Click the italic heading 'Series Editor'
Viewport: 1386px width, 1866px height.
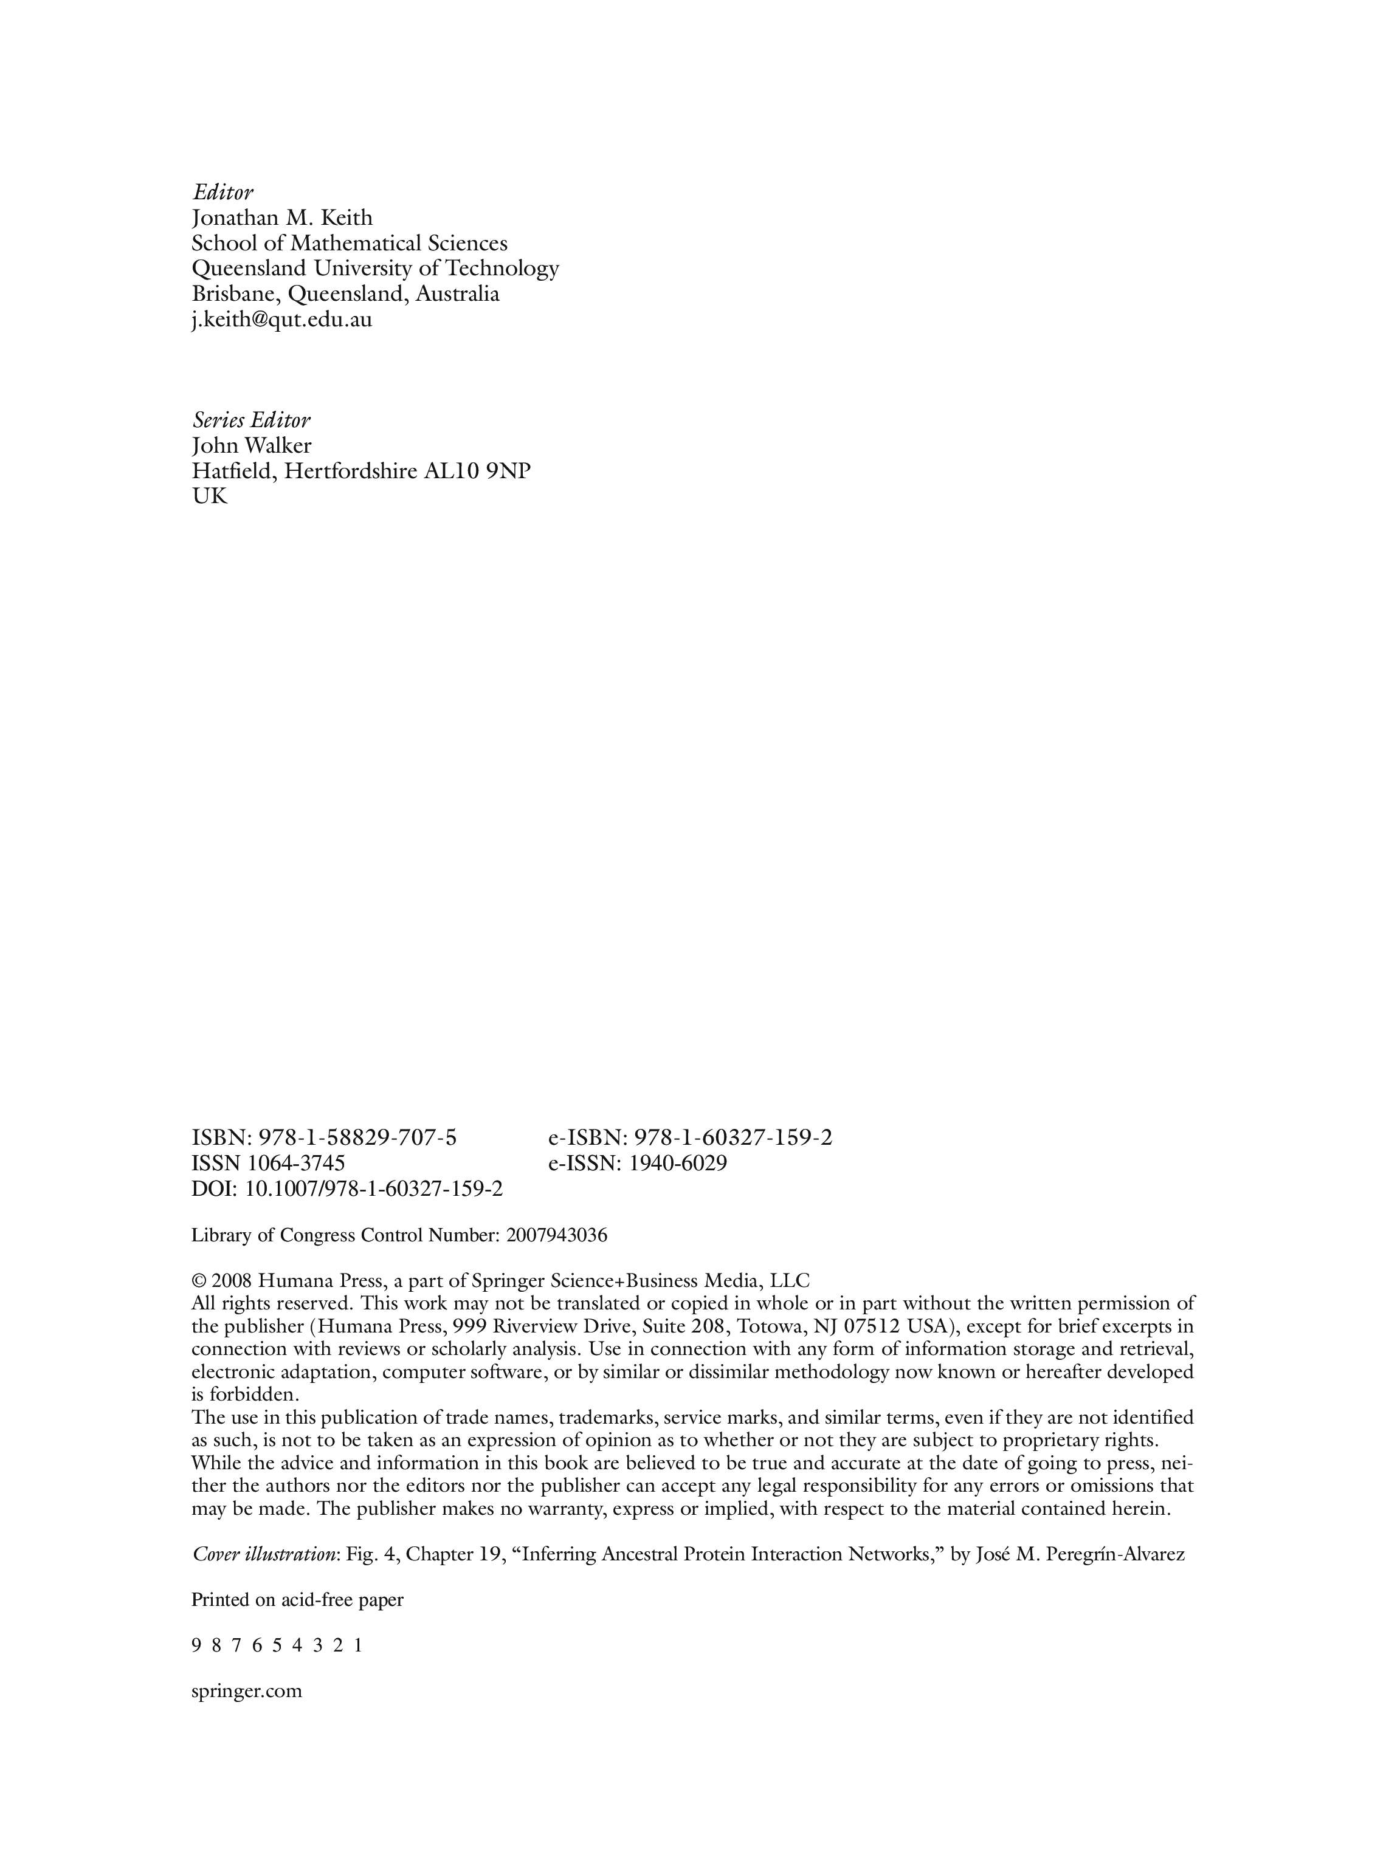coord(251,420)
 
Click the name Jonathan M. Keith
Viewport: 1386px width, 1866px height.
coord(282,218)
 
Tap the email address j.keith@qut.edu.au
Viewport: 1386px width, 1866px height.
coord(282,320)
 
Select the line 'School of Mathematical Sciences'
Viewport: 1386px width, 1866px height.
coord(349,243)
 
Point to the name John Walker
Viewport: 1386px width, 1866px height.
coord(252,445)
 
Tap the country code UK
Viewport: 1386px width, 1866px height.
coord(209,496)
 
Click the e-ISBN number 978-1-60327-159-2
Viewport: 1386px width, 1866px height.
coord(733,1138)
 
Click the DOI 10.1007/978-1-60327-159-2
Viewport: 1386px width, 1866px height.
coord(373,1189)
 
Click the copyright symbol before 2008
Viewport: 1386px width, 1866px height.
coord(199,1281)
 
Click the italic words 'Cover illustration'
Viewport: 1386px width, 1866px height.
coord(263,1554)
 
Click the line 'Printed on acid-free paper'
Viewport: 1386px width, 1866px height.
coord(297,1599)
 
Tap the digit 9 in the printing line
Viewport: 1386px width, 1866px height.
coord(196,1645)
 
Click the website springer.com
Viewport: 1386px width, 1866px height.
coord(247,1691)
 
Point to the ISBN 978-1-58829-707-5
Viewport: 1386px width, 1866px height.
coord(357,1138)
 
